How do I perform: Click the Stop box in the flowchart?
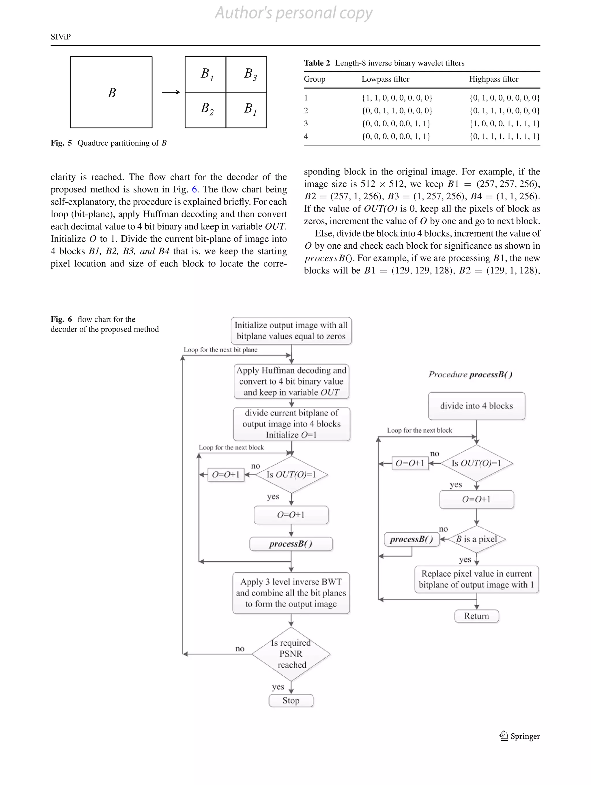(291, 700)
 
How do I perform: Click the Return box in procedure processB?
(476, 616)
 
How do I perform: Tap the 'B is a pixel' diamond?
(476, 539)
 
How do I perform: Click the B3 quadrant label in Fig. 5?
(250, 74)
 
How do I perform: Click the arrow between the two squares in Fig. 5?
(171, 92)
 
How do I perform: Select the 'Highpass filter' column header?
(493, 79)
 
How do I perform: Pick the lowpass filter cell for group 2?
(397, 111)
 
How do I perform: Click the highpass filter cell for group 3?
(504, 123)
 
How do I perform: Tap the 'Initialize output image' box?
(291, 330)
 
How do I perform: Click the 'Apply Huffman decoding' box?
(291, 381)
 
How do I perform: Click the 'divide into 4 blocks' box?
(476, 406)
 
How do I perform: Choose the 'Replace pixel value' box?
(476, 579)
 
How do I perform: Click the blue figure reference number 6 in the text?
(194, 190)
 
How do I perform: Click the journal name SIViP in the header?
(61, 37)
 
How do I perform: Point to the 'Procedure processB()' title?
(470, 374)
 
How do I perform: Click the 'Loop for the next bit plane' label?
(220, 350)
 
